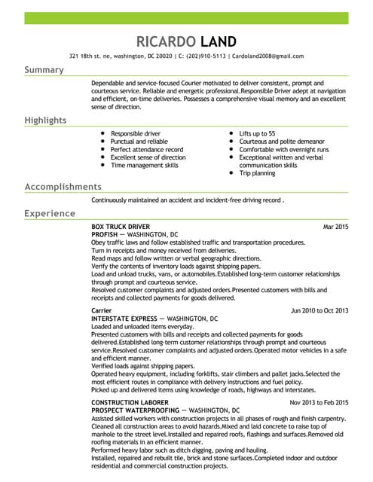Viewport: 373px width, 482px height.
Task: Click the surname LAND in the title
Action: coord(219,41)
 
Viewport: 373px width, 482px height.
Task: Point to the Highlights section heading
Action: coord(45,120)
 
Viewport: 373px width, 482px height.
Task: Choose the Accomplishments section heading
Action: coord(63,187)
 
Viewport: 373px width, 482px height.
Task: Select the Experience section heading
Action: coord(50,214)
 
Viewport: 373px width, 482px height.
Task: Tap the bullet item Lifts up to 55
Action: coord(257,133)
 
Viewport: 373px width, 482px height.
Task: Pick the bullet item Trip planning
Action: coord(258,173)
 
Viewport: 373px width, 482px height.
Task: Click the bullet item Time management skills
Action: coord(145,165)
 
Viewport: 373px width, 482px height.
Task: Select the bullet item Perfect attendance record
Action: coord(147,149)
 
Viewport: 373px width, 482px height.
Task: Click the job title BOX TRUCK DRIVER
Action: coord(121,227)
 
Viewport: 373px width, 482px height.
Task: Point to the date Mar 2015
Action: coord(335,227)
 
